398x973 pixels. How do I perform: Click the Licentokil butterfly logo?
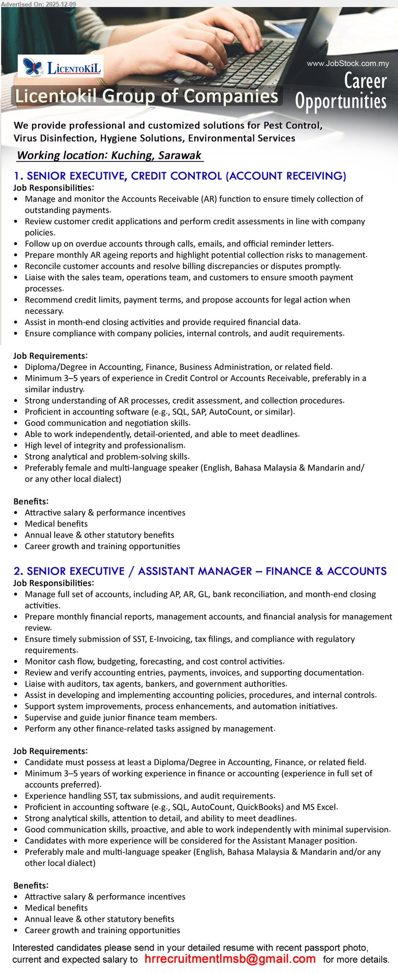[x=33, y=67]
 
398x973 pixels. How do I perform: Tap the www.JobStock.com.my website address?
[x=347, y=64]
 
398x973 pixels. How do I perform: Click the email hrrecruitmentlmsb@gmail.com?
[x=230, y=958]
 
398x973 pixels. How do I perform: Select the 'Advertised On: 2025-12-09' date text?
[x=38, y=4]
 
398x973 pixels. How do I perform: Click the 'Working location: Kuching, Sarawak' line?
[x=109, y=156]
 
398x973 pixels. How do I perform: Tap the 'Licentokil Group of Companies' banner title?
[x=147, y=96]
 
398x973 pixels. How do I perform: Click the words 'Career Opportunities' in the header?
[x=341, y=91]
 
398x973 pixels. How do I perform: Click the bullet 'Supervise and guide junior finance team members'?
[x=120, y=717]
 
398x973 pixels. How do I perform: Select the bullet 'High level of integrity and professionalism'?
[x=104, y=445]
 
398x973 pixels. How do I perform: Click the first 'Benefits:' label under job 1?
[x=31, y=501]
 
